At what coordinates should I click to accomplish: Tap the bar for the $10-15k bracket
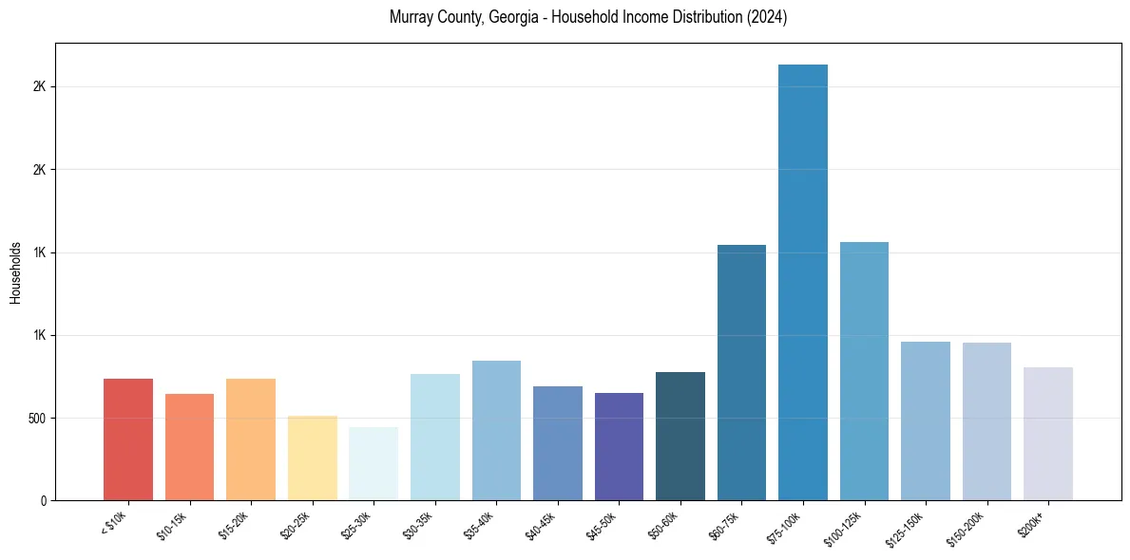(189, 447)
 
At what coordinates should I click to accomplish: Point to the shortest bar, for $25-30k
(373, 463)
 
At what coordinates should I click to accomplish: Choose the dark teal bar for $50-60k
(680, 436)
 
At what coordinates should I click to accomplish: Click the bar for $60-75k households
(741, 372)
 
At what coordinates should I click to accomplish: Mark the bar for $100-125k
(864, 371)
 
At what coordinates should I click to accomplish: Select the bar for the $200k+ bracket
(1047, 434)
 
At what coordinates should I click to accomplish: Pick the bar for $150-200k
(986, 421)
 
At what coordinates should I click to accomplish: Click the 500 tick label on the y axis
(37, 418)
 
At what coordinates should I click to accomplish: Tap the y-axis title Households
(15, 271)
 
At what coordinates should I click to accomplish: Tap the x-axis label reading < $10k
(114, 523)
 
